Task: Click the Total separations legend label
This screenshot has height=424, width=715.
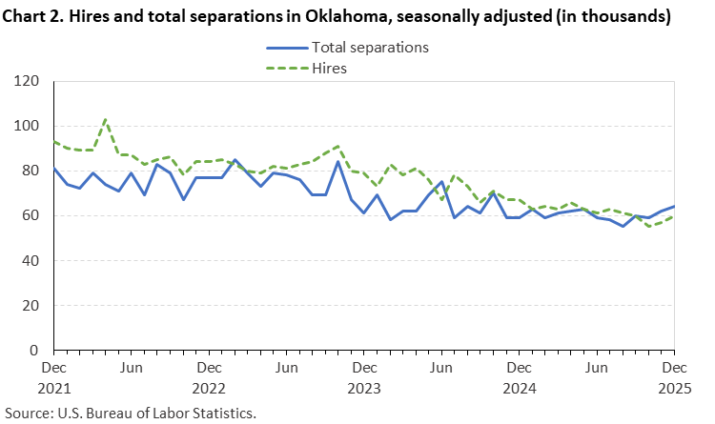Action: click(x=371, y=47)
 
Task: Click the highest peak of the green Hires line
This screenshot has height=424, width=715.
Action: click(x=105, y=120)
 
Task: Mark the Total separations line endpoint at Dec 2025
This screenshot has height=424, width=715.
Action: click(x=673, y=207)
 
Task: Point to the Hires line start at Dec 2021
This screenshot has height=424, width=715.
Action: click(x=54, y=142)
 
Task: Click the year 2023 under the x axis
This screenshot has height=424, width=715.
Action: click(x=363, y=388)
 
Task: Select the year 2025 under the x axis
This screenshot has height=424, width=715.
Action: click(x=673, y=388)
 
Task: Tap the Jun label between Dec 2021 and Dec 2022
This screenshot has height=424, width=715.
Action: click(x=132, y=367)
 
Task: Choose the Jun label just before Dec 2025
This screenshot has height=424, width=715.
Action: click(x=596, y=367)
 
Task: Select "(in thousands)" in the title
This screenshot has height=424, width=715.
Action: click(x=615, y=16)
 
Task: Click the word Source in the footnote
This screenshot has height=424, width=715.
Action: click(x=26, y=413)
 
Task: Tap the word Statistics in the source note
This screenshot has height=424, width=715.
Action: click(x=224, y=413)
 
